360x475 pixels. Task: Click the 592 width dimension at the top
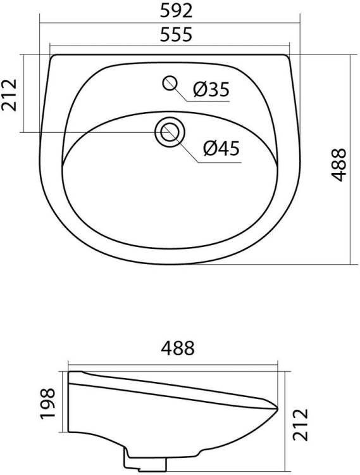(x=176, y=11)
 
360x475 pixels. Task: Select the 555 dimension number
(x=176, y=34)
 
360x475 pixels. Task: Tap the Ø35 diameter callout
(x=211, y=89)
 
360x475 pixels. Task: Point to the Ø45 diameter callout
(x=221, y=148)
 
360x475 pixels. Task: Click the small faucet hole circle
(x=170, y=83)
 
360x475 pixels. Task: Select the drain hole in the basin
(x=170, y=132)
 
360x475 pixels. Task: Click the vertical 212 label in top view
(x=9, y=95)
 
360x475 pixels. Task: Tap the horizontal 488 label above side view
(x=178, y=348)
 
